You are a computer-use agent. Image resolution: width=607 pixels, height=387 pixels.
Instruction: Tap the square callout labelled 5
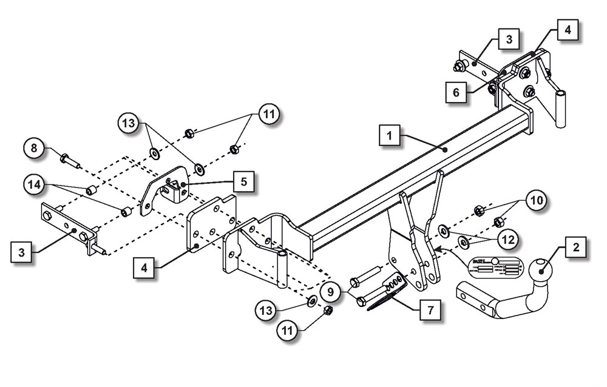point(243,181)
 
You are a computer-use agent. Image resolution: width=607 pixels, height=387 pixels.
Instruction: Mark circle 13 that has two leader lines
point(130,124)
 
